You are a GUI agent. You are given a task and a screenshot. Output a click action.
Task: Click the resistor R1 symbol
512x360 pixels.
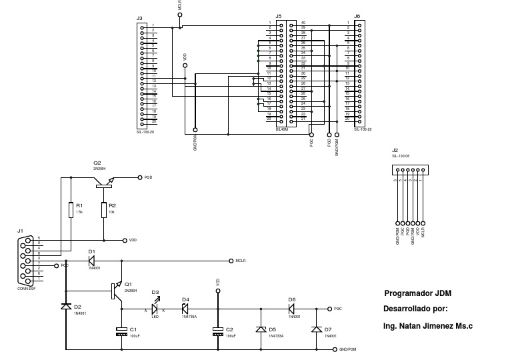[x=71, y=210]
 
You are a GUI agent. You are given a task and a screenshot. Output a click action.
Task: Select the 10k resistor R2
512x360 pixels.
[x=104, y=210]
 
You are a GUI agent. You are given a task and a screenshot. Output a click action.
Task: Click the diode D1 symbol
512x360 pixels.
[x=92, y=261]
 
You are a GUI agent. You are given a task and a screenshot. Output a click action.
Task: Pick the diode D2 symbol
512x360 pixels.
[x=65, y=306]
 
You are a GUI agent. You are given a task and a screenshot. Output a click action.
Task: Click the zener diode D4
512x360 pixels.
[x=186, y=309]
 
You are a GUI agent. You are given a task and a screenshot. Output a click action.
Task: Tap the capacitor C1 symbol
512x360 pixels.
[x=121, y=330]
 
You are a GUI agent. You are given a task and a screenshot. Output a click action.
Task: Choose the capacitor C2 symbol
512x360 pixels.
[x=217, y=330]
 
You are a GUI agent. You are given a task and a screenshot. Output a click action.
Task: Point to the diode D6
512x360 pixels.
[x=292, y=309]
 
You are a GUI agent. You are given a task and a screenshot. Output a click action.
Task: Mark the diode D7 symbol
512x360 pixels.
[x=315, y=329]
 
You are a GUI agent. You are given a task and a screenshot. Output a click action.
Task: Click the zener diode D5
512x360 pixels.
[x=260, y=329]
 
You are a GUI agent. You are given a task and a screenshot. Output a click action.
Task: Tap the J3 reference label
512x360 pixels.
[x=139, y=18]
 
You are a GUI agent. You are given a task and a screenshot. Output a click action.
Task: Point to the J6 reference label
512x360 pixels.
[x=357, y=16]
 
